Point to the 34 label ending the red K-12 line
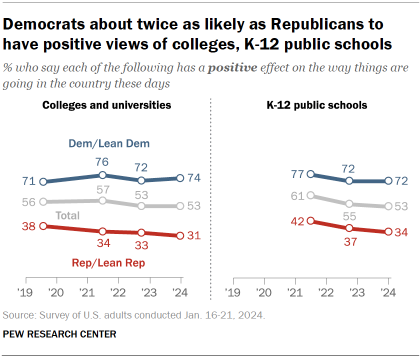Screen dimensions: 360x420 (x=399, y=231)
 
